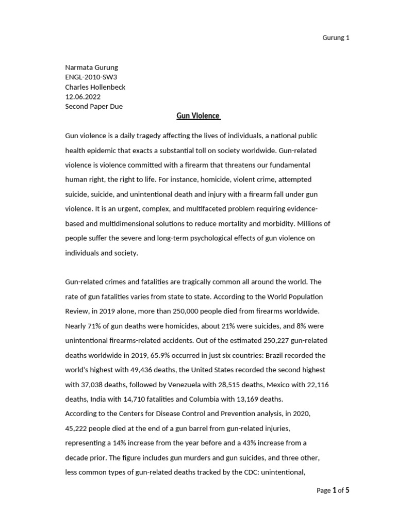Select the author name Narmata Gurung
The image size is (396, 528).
pyautogui.click(x=91, y=68)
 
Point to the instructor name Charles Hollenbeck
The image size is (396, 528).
pyautogui.click(x=95, y=87)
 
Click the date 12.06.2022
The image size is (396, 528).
pyautogui.click(x=82, y=97)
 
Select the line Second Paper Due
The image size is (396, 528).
pyautogui.click(x=94, y=107)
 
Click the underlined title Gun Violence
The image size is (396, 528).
pyautogui.click(x=198, y=116)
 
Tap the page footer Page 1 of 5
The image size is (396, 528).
pyautogui.click(x=333, y=490)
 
